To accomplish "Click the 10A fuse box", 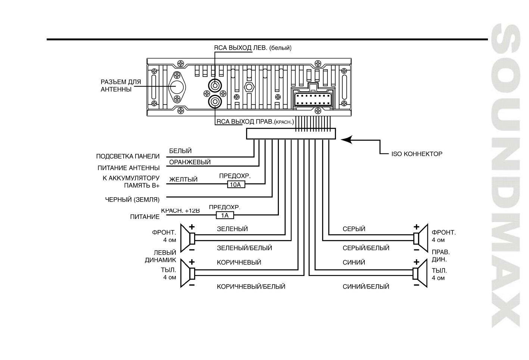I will (x=236, y=184).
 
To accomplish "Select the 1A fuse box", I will (x=225, y=215).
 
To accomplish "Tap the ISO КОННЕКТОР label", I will (x=417, y=153).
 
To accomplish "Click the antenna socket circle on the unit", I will (x=177, y=87).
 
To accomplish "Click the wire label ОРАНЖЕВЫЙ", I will (x=190, y=162).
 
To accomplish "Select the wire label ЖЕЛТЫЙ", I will (x=183, y=180).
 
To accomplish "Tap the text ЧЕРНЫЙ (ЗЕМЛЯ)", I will (x=132, y=199).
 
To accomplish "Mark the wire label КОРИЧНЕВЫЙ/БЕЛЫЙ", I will (x=251, y=286).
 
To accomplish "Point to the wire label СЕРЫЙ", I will (x=354, y=229).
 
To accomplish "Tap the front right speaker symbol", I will (x=420, y=238).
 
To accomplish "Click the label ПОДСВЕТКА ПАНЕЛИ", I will (x=128, y=156).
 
